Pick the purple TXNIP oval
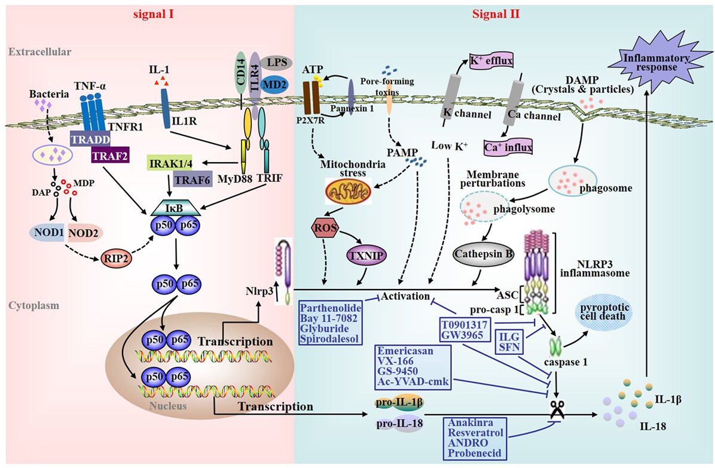tap(367, 256)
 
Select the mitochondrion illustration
tap(348, 192)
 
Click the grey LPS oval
tap(277, 63)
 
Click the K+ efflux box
tap(491, 61)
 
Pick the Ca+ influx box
tap(508, 147)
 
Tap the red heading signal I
tap(154, 14)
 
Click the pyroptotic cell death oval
tap(604, 312)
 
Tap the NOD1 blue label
tap(49, 232)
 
